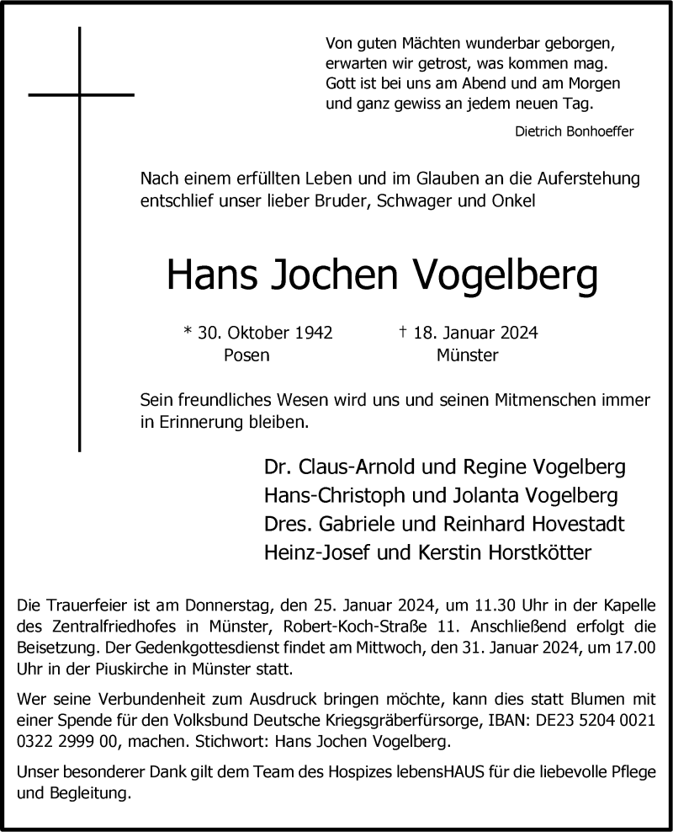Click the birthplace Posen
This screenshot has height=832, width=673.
pos(246,355)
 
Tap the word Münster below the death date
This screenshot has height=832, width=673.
pos(467,355)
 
